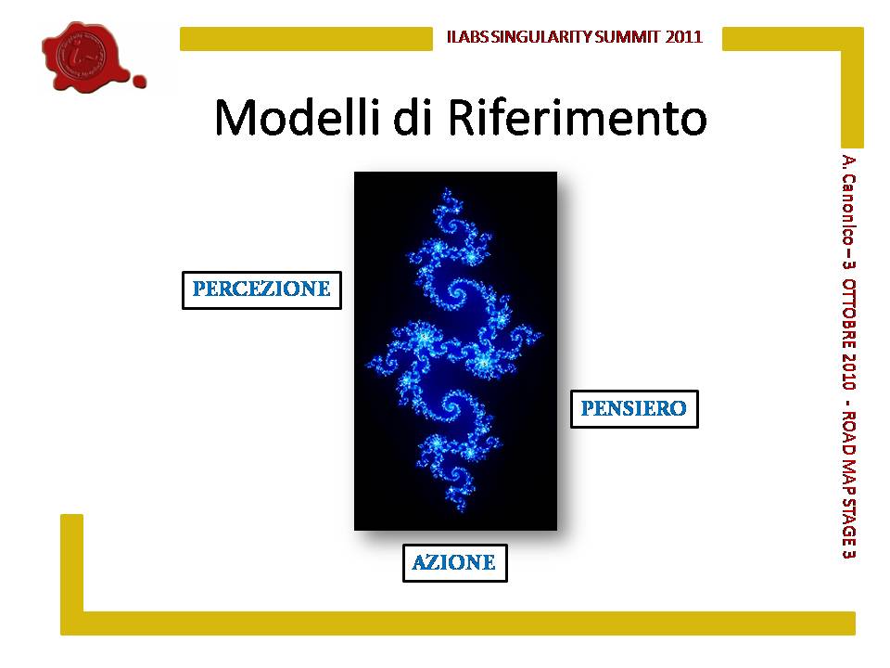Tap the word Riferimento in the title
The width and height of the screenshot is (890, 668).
(x=577, y=118)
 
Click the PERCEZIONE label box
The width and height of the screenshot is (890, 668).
(x=261, y=290)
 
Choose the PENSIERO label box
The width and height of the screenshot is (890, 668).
(x=634, y=409)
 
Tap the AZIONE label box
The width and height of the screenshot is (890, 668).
(x=454, y=563)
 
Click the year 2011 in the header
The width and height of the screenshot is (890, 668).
(x=684, y=37)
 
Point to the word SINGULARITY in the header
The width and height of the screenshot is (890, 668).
(x=541, y=37)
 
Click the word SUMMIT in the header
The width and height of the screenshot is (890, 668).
(x=628, y=37)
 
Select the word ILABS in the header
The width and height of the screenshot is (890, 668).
(x=467, y=37)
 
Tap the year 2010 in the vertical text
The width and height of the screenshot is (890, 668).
(x=849, y=371)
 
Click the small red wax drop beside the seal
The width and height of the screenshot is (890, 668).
(x=139, y=81)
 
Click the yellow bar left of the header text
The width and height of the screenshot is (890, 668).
(x=307, y=39)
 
